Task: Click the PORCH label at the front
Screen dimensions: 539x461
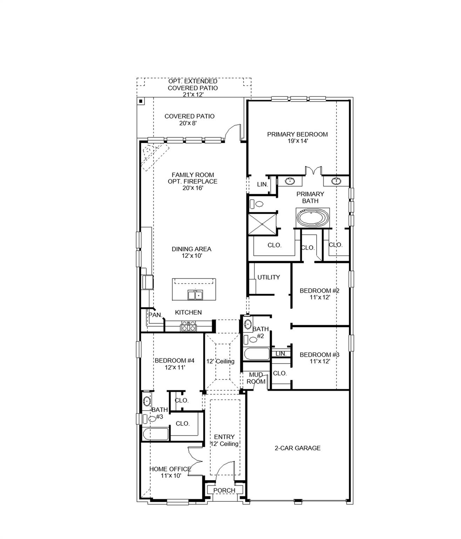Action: coord(224,490)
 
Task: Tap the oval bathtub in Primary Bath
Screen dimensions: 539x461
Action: coord(313,218)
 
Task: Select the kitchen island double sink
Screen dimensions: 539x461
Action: coord(195,295)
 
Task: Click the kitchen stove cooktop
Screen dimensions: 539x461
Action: coord(189,326)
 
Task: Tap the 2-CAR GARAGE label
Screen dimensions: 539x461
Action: coord(297,448)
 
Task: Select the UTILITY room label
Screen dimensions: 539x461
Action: coord(269,277)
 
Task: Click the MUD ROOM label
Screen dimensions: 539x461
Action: coord(256,378)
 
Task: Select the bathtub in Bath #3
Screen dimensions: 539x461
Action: coord(156,434)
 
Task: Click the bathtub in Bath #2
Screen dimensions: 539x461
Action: coord(257,354)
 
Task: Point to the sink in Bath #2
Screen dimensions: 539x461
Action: coord(248,324)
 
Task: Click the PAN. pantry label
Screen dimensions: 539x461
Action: coord(155,315)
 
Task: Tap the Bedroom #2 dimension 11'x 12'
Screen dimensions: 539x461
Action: coord(319,297)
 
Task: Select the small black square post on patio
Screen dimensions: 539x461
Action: coord(141,101)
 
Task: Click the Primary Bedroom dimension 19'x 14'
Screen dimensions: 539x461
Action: coord(297,141)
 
